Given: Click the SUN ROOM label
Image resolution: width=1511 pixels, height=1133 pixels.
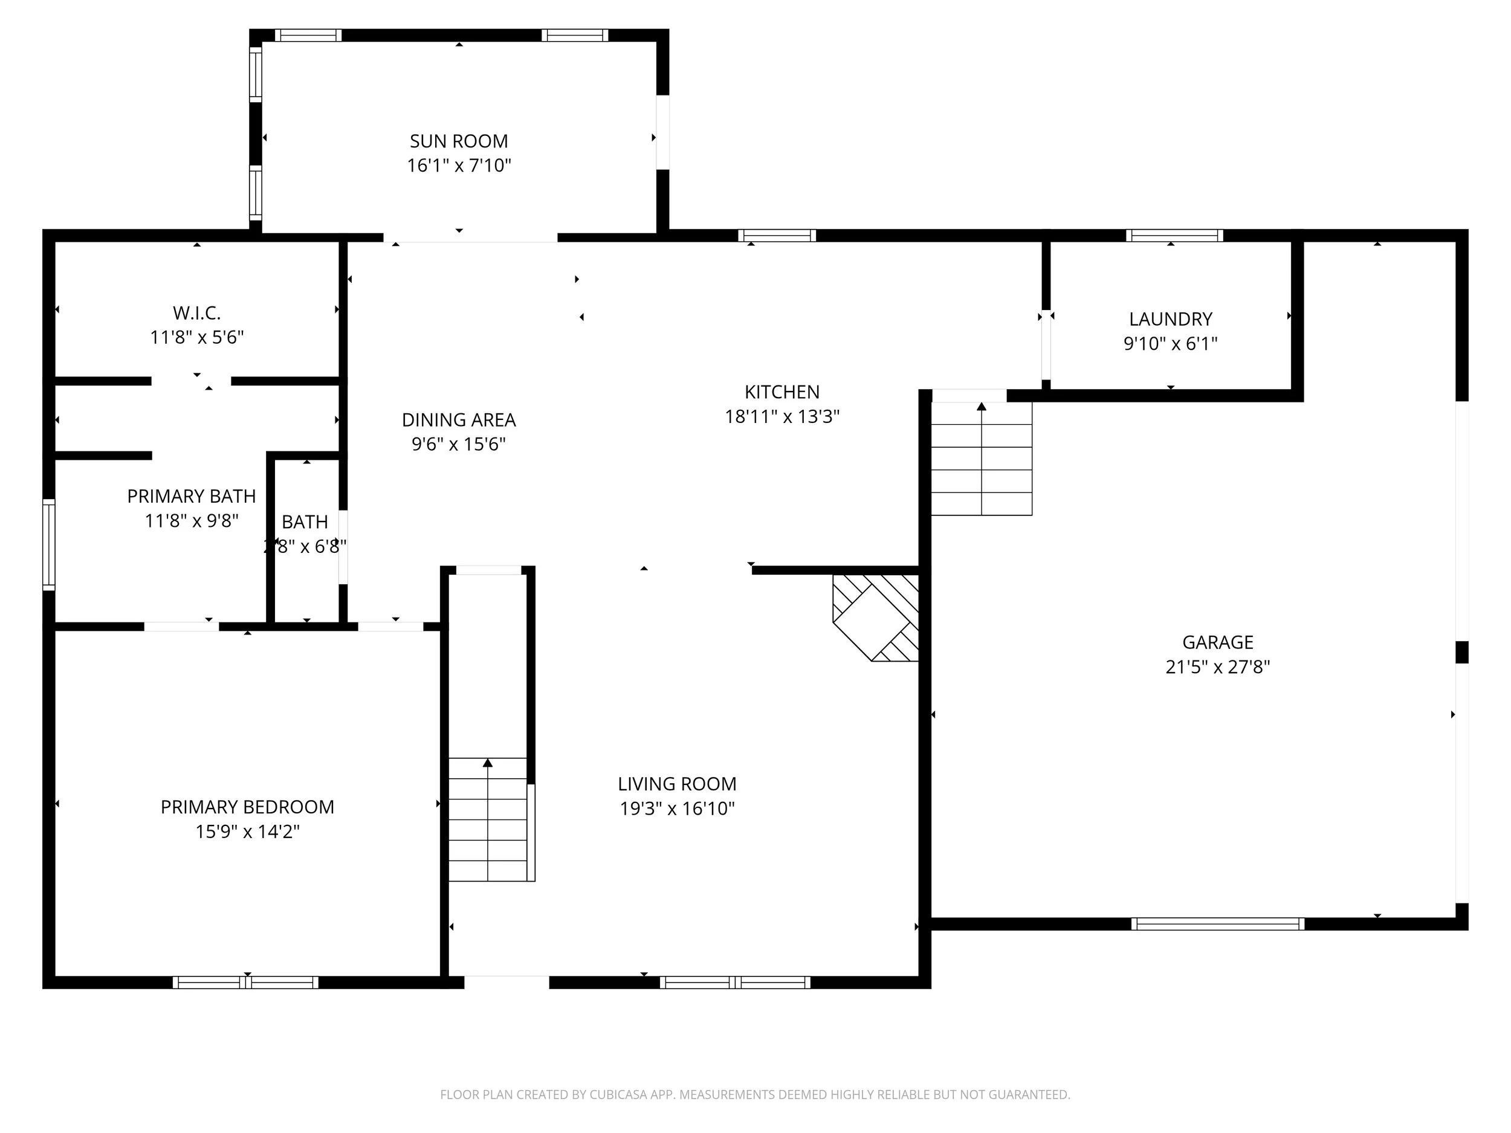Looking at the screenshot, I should click(458, 141).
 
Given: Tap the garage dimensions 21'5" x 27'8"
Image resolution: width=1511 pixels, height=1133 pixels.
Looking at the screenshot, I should click(1217, 667).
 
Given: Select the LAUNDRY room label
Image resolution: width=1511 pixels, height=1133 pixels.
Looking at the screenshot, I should click(1170, 319).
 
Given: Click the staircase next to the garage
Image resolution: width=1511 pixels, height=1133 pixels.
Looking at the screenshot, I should click(981, 458).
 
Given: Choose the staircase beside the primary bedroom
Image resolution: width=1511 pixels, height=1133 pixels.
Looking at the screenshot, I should click(488, 819).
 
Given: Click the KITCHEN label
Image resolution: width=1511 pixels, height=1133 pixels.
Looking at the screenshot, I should click(781, 392).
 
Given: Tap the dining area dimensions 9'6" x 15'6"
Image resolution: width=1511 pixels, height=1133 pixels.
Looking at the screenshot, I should click(458, 445).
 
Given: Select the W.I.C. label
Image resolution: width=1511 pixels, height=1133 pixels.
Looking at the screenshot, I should click(196, 314).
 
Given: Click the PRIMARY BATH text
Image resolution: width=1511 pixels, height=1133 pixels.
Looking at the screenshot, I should click(191, 497).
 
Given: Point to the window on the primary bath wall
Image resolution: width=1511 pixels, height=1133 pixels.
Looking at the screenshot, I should click(48, 544).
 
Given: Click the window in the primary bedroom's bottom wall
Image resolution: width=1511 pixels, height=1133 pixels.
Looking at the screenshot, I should click(245, 982).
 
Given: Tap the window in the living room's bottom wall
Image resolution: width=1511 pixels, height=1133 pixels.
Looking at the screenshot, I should click(735, 982).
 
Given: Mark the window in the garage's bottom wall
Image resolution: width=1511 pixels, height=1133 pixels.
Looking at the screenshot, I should click(1217, 924).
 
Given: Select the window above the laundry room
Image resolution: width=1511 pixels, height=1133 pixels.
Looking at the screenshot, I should click(1174, 236).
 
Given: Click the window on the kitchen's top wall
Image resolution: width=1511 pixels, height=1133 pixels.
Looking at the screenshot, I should click(777, 236).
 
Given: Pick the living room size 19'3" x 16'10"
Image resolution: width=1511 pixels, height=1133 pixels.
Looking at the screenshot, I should click(677, 809).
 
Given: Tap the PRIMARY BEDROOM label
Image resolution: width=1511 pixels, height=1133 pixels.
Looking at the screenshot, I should click(247, 807).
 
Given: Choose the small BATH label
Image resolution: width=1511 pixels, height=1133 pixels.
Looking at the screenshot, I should click(305, 521).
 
